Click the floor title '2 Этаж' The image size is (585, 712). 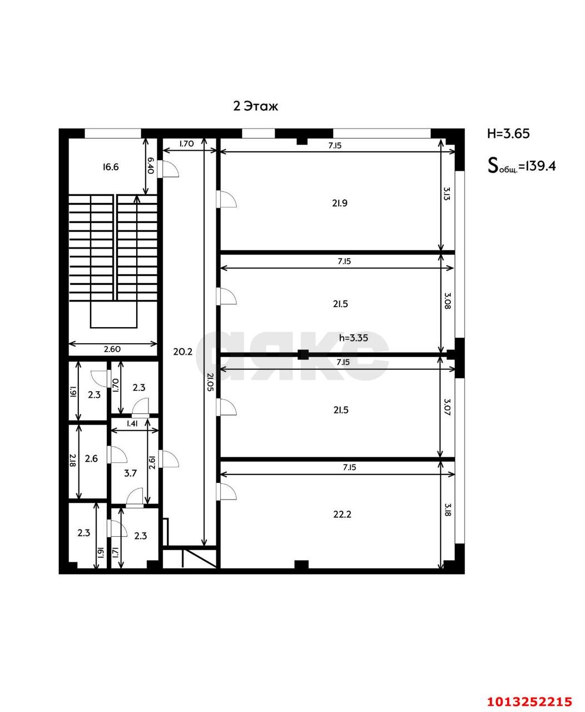(x=255, y=106)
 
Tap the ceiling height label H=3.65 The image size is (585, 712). (x=508, y=133)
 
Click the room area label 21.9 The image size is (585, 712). (x=340, y=203)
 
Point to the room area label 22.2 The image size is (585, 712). (x=342, y=515)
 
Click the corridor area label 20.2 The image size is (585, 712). (x=183, y=352)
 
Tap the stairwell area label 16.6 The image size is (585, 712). (x=111, y=166)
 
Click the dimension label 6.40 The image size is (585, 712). (x=150, y=165)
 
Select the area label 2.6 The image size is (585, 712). (x=91, y=459)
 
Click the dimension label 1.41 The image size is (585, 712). (x=132, y=424)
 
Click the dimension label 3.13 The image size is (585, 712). (x=447, y=194)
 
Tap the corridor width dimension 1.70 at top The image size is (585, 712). (x=186, y=144)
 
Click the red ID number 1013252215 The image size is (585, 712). (x=529, y=701)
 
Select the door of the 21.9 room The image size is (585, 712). (x=227, y=199)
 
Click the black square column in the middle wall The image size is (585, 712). (x=303, y=354)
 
